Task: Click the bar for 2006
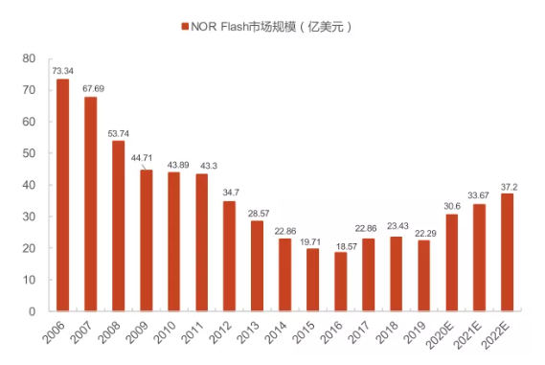click(x=62, y=195)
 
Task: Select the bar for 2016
click(x=340, y=282)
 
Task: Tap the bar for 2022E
click(x=507, y=252)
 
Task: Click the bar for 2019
click(x=423, y=276)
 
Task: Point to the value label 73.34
click(x=62, y=71)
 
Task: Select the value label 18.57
click(x=340, y=243)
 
